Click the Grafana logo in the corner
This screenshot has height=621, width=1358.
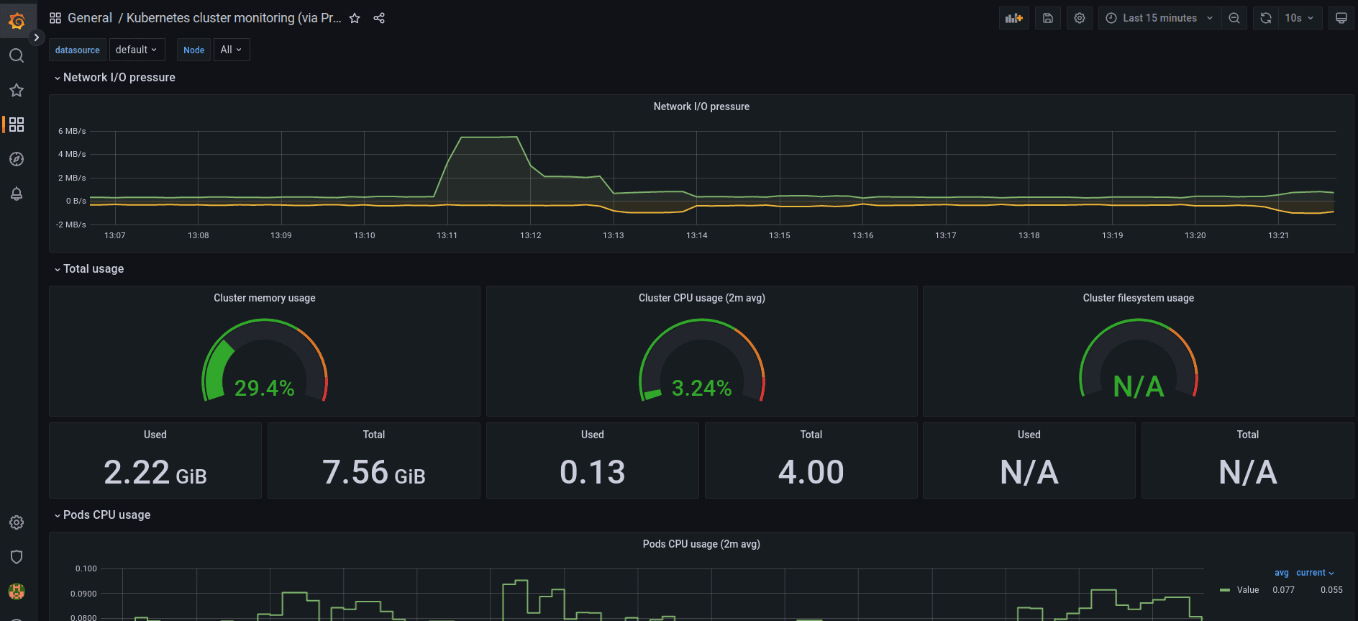tap(17, 21)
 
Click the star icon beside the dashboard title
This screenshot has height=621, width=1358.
tap(355, 18)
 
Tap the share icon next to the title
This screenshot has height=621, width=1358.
tap(379, 18)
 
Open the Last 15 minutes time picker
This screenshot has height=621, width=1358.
tap(1159, 18)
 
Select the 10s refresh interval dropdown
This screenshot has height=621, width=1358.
tap(1299, 18)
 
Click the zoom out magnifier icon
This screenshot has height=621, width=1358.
tap(1234, 18)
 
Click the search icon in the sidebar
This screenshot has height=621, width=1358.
tap(17, 55)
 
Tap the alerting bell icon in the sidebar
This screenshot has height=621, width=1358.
tap(17, 194)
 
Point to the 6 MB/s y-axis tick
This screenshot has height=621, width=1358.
tap(72, 131)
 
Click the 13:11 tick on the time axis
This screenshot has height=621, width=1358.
tap(447, 235)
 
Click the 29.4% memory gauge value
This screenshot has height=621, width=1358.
tap(265, 389)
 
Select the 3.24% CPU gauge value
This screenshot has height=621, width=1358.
tap(701, 389)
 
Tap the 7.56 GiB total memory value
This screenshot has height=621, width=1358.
tap(374, 473)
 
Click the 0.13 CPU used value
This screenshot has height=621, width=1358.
tap(593, 473)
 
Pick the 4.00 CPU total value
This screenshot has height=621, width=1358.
tap(811, 473)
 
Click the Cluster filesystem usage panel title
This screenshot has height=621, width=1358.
tap(1139, 298)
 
